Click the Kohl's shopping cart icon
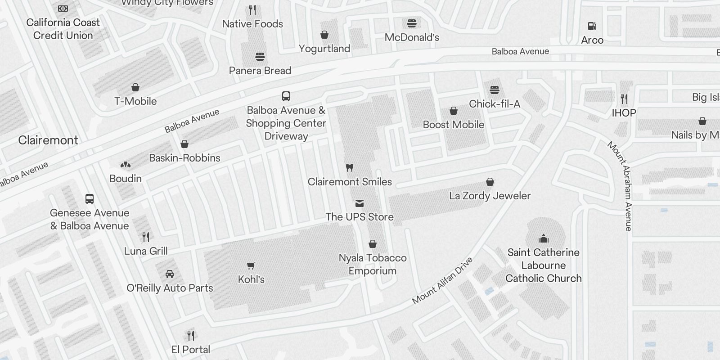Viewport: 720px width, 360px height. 251,266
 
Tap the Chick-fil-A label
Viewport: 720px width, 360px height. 494,104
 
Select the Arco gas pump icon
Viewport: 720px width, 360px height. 592,27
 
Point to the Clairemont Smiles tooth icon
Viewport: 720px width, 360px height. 349,168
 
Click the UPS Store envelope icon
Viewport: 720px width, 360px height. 360,203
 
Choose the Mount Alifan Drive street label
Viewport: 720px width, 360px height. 442,280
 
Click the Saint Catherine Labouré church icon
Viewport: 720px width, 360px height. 544,238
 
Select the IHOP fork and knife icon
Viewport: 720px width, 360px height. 624,99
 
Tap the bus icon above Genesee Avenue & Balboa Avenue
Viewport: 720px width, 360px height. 90,199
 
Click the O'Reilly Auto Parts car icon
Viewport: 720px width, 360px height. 170,274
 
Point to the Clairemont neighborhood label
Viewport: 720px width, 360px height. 48,140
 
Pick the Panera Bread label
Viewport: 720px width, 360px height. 260,71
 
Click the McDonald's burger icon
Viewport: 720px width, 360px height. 411,23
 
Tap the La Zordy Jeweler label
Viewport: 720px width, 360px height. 490,196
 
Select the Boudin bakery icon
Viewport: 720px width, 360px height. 126,165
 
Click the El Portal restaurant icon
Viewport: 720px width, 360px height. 191,335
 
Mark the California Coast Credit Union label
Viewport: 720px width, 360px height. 63,29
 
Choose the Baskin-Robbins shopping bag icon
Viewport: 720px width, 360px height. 184,144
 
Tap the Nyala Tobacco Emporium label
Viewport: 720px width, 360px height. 372,264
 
